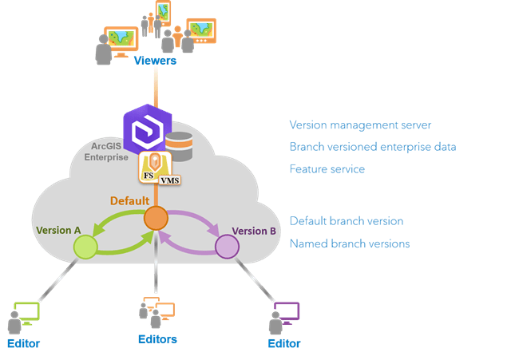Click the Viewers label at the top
pyautogui.click(x=155, y=61)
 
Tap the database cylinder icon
pyautogui.click(x=178, y=146)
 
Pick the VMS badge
pyautogui.click(x=169, y=180)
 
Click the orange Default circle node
pyautogui.click(x=156, y=218)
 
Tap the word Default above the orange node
pyautogui.click(x=129, y=201)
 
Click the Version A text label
pyautogui.click(x=58, y=231)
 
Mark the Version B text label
pyautogui.click(x=254, y=231)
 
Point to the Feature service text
pyautogui.click(x=327, y=170)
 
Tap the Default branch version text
pyautogui.click(x=346, y=221)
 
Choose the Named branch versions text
pyautogui.click(x=350, y=243)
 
